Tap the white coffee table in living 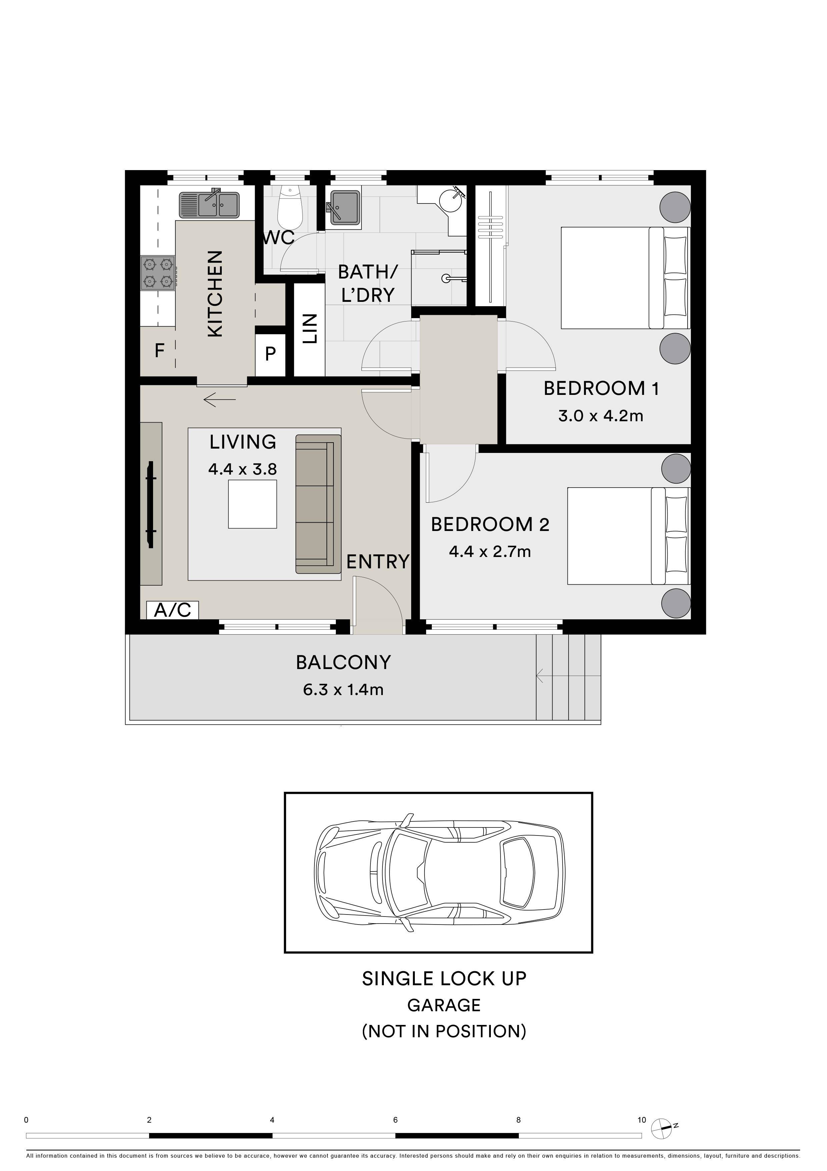252,504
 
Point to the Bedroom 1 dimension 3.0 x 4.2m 601,416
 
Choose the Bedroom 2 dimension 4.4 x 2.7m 490,551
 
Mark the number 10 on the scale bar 641,1120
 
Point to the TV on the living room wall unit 151,504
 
